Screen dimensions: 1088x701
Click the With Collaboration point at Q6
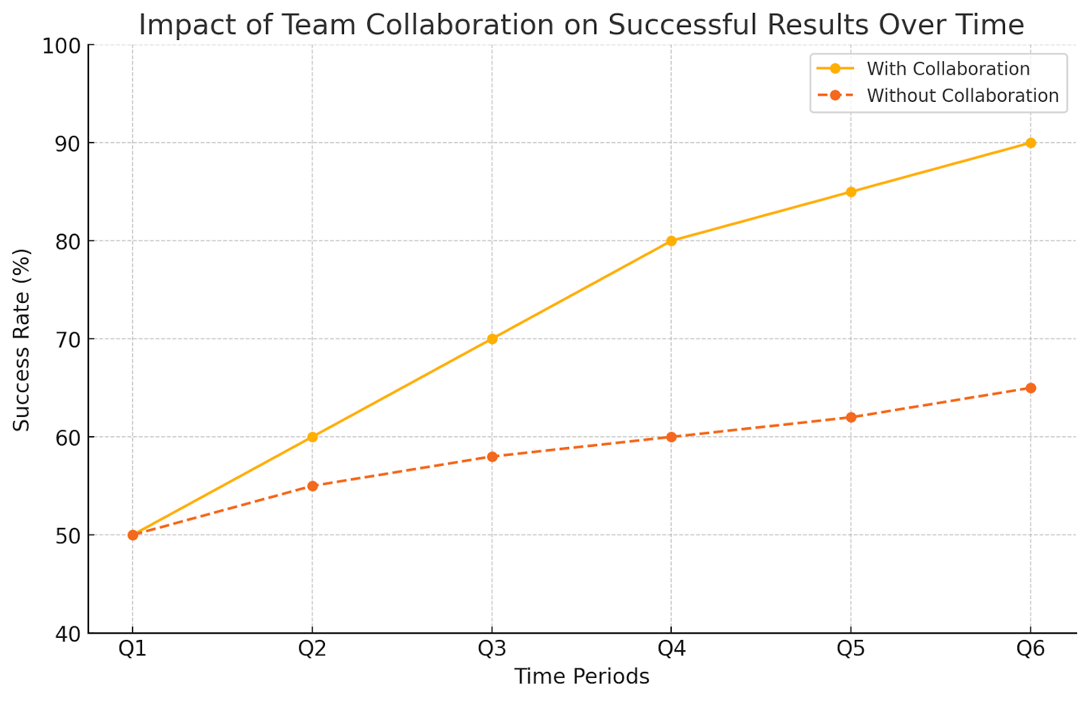(1031, 143)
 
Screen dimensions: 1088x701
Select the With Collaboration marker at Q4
(671, 241)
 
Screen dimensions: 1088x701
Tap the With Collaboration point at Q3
(492, 339)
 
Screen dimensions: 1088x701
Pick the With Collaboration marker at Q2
(312, 437)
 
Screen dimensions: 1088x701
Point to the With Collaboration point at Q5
(851, 192)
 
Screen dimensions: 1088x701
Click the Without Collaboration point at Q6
(1031, 388)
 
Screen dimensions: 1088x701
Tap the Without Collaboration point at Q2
(312, 486)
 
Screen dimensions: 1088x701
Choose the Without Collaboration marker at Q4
(671, 437)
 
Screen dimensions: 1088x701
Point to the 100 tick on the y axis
(61, 47)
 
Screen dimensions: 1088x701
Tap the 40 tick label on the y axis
(67, 634)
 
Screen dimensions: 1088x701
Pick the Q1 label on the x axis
(133, 649)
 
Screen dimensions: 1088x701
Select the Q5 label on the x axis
(851, 649)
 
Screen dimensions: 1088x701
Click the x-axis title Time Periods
(582, 677)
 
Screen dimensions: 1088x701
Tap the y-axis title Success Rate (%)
(21, 340)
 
